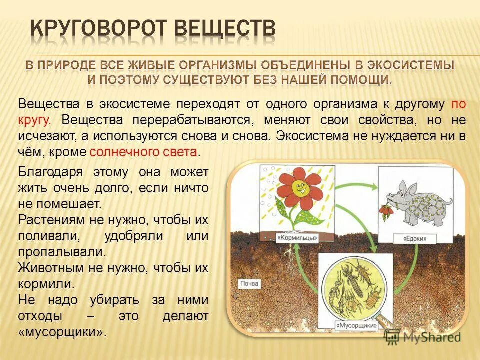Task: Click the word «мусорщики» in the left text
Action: [x=63, y=332]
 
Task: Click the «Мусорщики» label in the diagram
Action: [x=356, y=325]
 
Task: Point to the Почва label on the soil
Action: [x=249, y=283]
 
